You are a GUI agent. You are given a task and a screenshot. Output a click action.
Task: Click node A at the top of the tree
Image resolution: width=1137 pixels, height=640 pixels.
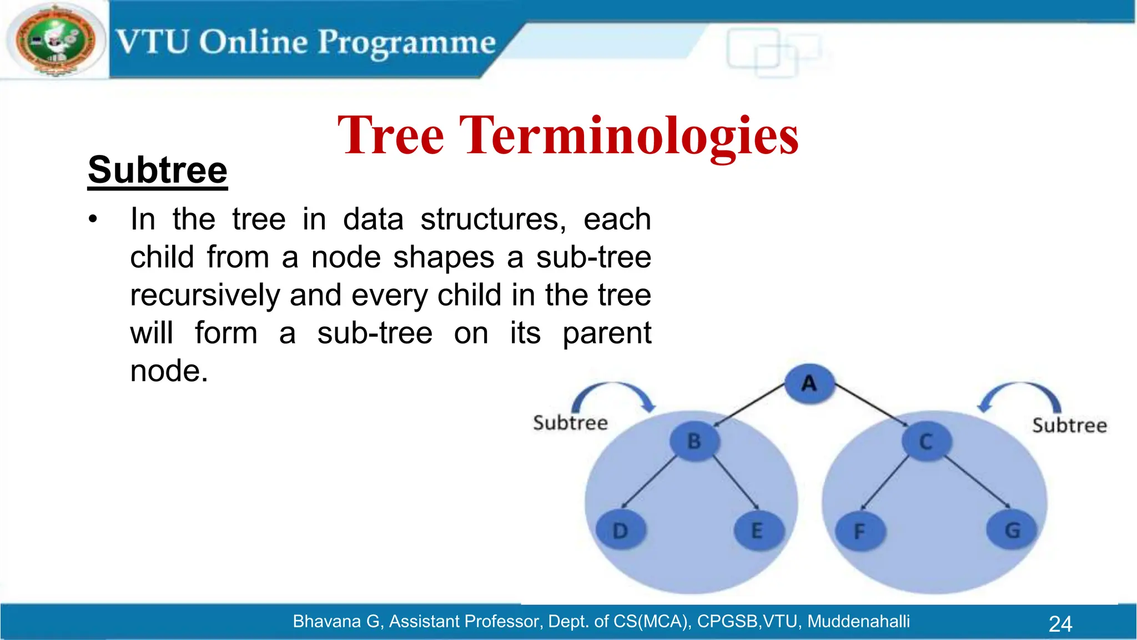[x=809, y=383]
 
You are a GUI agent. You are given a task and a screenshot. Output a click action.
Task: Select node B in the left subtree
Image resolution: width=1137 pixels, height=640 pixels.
[x=694, y=441]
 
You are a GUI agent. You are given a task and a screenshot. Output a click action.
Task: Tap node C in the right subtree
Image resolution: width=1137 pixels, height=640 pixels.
[x=926, y=442]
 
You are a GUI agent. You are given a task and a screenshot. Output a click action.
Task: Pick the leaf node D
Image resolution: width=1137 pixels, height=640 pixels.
[x=620, y=531]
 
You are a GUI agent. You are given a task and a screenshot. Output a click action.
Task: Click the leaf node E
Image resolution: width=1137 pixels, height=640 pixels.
[x=757, y=531]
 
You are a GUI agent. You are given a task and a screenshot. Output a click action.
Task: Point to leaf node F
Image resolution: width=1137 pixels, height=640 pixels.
[x=859, y=531]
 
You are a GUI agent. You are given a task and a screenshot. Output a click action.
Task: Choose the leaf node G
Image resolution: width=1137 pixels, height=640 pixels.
[x=1012, y=530]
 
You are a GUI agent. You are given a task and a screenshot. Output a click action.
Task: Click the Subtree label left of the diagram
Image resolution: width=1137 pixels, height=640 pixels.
[x=570, y=423]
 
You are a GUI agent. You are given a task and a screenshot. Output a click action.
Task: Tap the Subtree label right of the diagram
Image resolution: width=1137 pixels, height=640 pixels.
[x=1069, y=426]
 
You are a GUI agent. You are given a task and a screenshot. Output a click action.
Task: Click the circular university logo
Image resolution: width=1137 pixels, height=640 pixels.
[x=55, y=41]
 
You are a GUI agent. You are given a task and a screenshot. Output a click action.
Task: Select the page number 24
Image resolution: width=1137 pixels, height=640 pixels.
[x=1060, y=624]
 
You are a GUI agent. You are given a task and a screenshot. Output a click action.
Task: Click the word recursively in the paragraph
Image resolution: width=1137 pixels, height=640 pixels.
[x=205, y=295]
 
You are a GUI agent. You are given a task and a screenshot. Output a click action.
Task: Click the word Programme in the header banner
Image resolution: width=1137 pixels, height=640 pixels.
[x=406, y=43]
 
